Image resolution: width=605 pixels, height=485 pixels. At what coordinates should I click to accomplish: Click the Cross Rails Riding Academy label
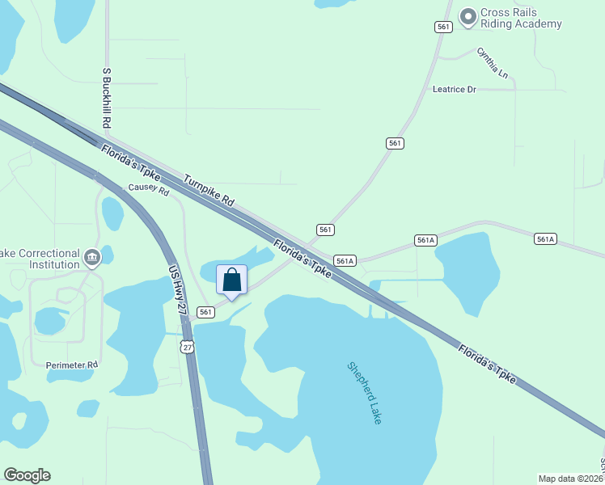coord(521,18)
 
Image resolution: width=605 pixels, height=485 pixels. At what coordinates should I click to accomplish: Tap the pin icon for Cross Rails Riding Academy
coord(467,16)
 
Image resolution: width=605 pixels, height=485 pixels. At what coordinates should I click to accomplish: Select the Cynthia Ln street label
coord(492,63)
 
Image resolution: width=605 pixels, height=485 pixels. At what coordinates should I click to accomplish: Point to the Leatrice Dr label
coord(455,89)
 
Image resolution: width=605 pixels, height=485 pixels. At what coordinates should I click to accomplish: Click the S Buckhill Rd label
coord(106,98)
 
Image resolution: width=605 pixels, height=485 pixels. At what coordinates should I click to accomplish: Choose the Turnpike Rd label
coord(208,192)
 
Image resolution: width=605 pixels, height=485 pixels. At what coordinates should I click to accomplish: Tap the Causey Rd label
coord(149,191)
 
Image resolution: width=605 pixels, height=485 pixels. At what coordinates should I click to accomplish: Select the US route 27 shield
coord(188,347)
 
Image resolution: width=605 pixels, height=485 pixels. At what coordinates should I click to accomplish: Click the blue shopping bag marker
coord(231,280)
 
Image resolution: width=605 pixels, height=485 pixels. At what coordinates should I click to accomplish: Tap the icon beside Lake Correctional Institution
coord(91,258)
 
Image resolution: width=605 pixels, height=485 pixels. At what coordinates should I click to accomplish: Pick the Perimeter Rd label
coord(72,365)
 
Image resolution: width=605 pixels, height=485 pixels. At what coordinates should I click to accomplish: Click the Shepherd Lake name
coord(364,392)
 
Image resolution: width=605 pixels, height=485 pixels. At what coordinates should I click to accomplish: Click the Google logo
coord(27,475)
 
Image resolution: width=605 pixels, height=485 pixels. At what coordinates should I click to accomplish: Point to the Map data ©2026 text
coord(569,479)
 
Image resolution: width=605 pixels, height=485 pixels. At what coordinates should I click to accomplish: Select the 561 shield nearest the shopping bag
coord(205,312)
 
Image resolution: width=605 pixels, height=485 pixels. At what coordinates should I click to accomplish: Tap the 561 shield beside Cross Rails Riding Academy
coord(442,27)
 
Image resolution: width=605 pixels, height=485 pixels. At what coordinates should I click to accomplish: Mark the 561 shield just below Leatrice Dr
coord(394,143)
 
